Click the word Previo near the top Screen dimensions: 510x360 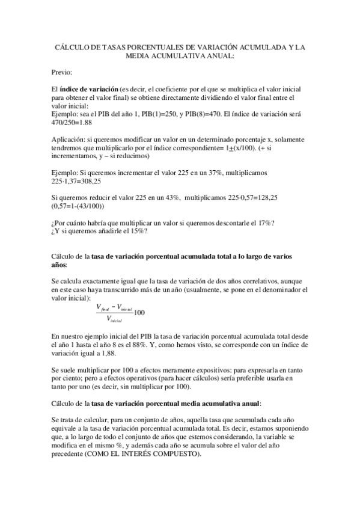point(62,72)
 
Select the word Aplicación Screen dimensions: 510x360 point(69,139)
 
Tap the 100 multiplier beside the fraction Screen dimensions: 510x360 point(139,312)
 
